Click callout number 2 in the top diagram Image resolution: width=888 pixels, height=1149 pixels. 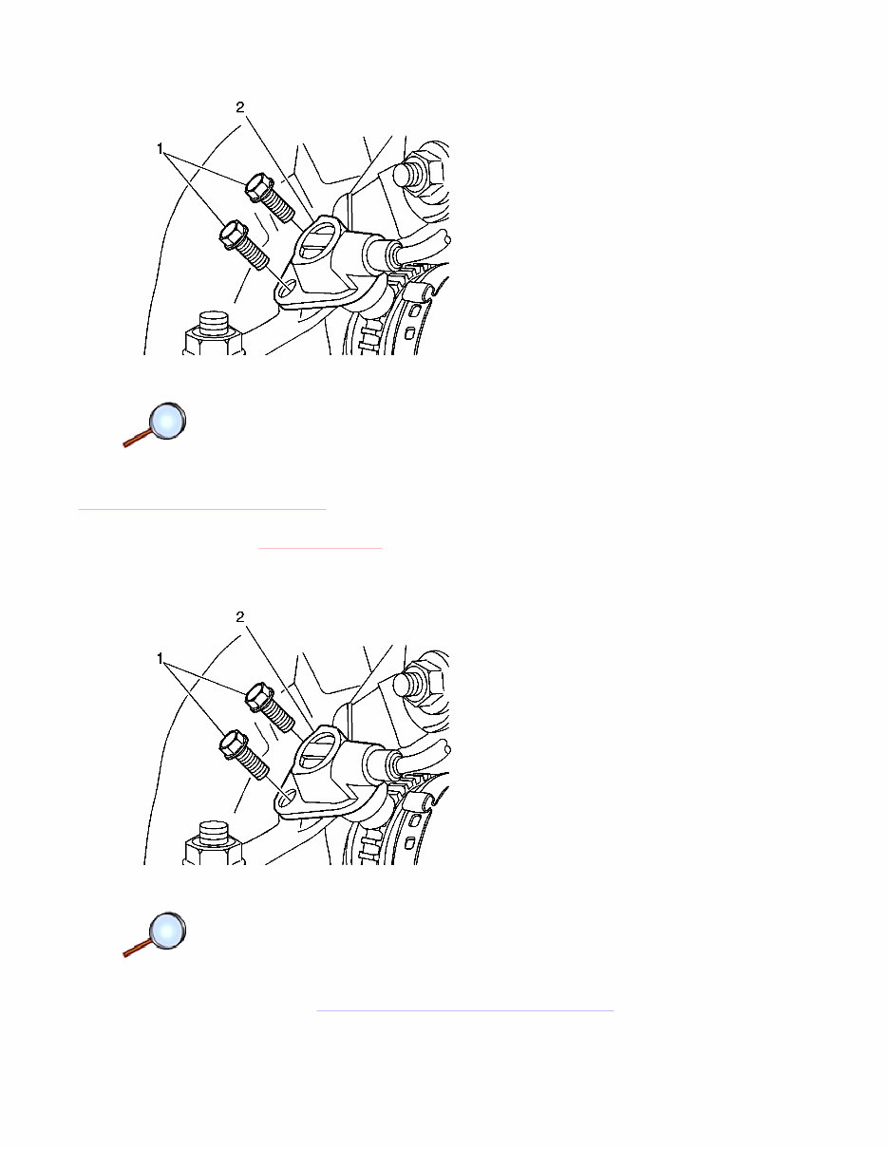[240, 107]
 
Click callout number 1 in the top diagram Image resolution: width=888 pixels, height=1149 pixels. [160, 149]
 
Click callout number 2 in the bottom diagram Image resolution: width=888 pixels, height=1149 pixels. [240, 617]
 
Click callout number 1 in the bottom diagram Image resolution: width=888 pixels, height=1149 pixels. [160, 659]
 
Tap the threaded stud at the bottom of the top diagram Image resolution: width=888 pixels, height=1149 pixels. [213, 333]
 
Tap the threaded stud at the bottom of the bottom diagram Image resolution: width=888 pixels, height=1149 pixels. [213, 843]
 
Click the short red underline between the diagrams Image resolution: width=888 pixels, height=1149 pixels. [320, 549]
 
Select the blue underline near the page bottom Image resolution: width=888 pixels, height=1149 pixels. [464, 1011]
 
